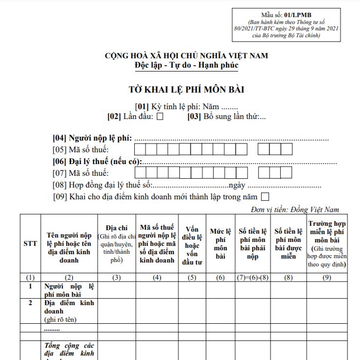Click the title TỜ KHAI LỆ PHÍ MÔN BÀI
186,90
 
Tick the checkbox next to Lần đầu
160,117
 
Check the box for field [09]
265,197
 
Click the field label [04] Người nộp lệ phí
93,139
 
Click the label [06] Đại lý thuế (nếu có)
97,162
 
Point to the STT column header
30,243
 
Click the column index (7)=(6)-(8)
253,277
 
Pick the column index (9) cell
327,277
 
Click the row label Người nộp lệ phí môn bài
69,290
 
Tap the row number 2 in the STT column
30,303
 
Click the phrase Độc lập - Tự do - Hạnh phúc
186,65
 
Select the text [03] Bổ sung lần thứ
226,117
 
